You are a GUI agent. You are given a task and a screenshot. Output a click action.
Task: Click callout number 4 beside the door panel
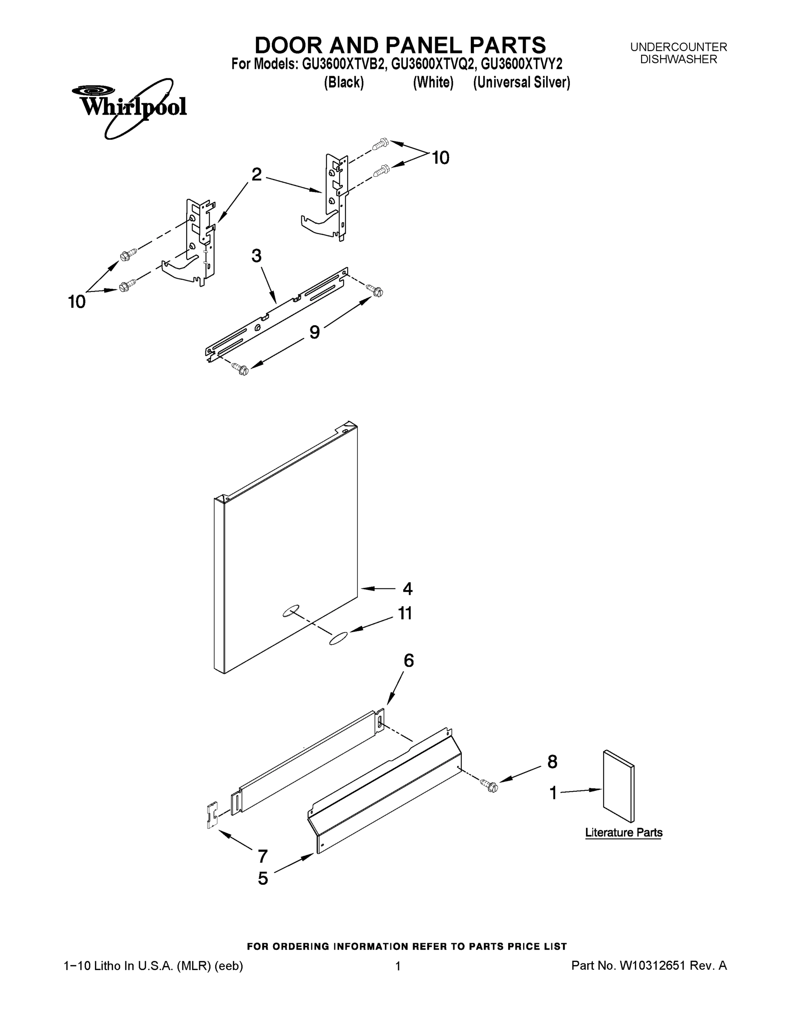click(407, 589)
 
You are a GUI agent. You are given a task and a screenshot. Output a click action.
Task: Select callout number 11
click(405, 613)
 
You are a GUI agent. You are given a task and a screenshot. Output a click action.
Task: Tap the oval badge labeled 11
click(339, 638)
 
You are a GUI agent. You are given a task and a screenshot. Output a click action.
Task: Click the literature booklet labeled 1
click(619, 786)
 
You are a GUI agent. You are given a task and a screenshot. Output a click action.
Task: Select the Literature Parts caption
click(623, 832)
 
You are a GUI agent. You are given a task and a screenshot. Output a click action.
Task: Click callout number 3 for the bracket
click(256, 256)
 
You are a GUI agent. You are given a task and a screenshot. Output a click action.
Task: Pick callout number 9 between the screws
click(314, 332)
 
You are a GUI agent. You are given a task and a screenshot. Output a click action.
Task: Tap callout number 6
click(409, 661)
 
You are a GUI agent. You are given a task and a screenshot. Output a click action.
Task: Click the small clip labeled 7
click(212, 815)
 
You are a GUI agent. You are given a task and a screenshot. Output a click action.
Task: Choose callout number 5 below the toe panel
click(263, 879)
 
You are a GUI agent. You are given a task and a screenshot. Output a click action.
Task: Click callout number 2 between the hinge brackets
click(256, 175)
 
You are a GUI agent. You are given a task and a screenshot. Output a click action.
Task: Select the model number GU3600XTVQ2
click(432, 64)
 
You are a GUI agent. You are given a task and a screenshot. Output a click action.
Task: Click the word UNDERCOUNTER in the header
click(678, 47)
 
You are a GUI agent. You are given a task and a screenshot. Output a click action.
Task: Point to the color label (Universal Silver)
click(521, 83)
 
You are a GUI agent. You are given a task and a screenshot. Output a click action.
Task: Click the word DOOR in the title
click(289, 46)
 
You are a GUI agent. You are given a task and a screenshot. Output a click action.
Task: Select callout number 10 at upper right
click(440, 158)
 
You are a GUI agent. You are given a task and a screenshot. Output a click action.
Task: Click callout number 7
click(262, 856)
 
